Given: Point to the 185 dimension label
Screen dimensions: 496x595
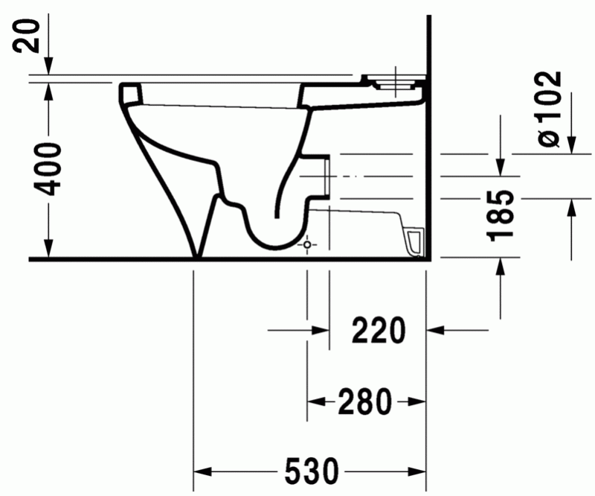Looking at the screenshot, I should pos(504,214).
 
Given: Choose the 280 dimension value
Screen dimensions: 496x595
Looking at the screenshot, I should pos(365,402).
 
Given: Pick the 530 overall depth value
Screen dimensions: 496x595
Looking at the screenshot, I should pos(311,471).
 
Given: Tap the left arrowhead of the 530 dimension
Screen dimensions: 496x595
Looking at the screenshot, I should pos(202,471).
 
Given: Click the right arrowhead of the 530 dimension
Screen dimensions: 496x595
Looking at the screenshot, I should pos(418,471).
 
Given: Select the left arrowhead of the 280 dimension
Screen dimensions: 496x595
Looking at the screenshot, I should pos(315,402).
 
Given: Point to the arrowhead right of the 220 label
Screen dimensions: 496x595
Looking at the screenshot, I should pos(434,329).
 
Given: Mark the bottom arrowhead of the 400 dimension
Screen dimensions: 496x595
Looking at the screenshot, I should pos(49,251).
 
